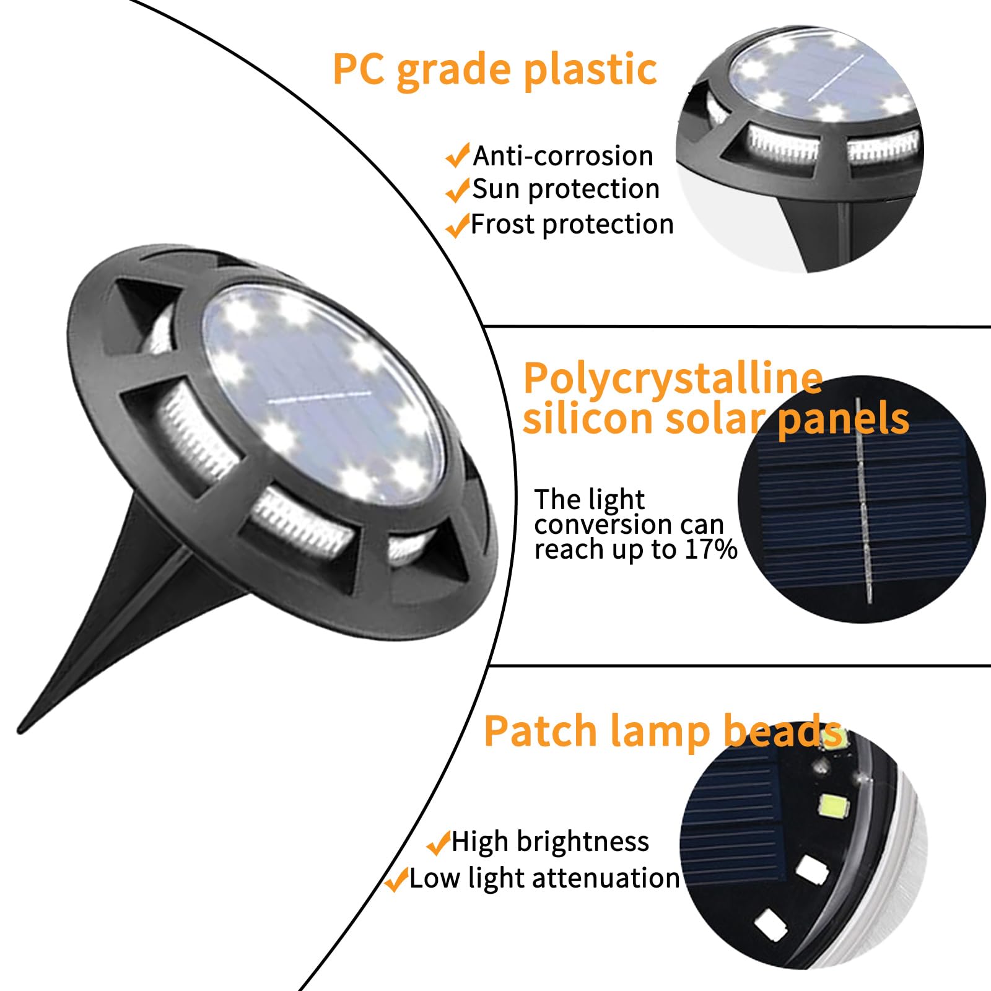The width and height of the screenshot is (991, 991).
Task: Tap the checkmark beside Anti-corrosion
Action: point(457,156)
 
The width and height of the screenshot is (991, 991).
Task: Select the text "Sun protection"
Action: point(565,189)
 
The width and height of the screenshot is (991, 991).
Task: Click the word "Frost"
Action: point(503,224)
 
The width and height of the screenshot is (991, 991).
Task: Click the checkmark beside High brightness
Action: point(439,842)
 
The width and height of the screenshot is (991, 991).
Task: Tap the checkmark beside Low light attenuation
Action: point(396,879)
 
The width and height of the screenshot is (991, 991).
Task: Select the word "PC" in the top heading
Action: point(358,69)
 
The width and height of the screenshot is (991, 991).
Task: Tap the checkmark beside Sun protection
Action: point(457,190)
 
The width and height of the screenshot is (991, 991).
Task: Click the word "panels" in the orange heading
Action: point(843,419)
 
